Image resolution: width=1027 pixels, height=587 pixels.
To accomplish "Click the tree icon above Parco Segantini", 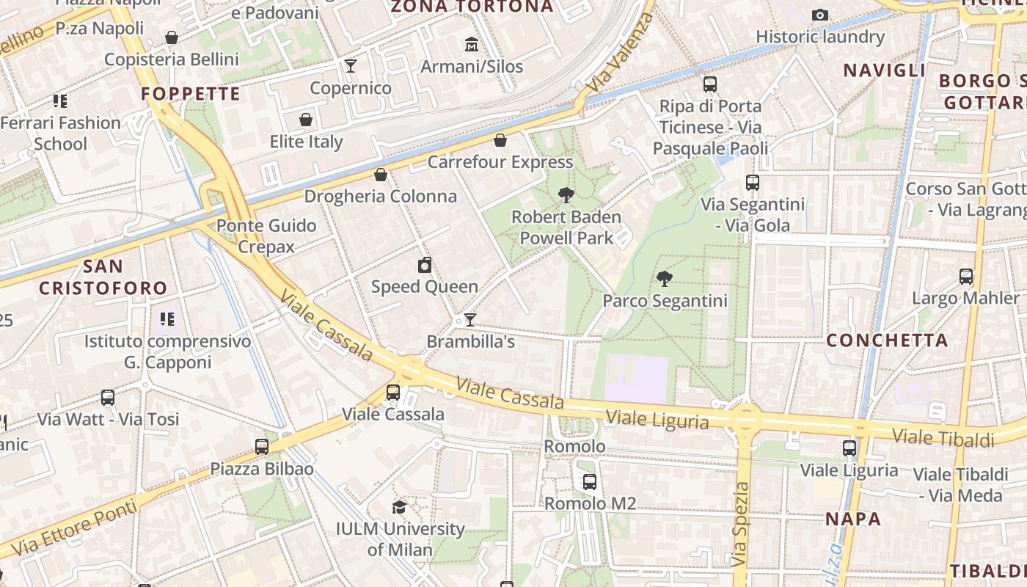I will pyautogui.click(x=665, y=278).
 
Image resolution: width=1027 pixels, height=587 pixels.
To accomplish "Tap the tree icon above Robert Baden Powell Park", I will pyautogui.click(x=566, y=194).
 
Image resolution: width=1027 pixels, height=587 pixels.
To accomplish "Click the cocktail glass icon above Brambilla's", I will pyautogui.click(x=470, y=320).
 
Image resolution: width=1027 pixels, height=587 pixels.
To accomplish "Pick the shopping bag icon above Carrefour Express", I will pyautogui.click(x=500, y=139).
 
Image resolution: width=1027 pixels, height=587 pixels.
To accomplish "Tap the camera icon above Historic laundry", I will pyautogui.click(x=820, y=15).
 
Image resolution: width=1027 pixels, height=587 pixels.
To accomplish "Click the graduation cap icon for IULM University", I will pyautogui.click(x=399, y=507).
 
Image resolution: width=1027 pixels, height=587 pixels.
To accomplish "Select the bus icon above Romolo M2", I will pyautogui.click(x=589, y=482).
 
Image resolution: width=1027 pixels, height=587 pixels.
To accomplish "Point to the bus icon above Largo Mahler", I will pyautogui.click(x=966, y=277).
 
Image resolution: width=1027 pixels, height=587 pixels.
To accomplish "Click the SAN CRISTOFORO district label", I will pyautogui.click(x=103, y=277).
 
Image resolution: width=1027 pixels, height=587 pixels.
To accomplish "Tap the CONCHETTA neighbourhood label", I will pyautogui.click(x=887, y=340).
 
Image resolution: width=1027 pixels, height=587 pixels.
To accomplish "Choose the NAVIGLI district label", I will pyautogui.click(x=884, y=70).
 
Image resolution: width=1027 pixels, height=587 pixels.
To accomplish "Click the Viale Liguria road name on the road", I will pyautogui.click(x=657, y=420).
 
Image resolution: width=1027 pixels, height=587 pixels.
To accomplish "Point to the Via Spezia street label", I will pyautogui.click(x=741, y=523).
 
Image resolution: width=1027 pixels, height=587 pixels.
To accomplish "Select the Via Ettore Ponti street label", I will pyautogui.click(x=74, y=527).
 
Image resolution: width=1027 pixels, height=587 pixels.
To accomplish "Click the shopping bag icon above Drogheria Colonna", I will pyautogui.click(x=381, y=175).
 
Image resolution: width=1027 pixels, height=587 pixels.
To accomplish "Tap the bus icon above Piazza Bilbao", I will pyautogui.click(x=262, y=446).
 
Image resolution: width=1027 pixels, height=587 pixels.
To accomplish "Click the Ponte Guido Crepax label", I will pyautogui.click(x=266, y=236).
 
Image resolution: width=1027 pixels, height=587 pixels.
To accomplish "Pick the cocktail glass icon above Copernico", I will pyautogui.click(x=351, y=66).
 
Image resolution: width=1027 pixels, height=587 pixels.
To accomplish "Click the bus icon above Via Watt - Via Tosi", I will pyautogui.click(x=108, y=398).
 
